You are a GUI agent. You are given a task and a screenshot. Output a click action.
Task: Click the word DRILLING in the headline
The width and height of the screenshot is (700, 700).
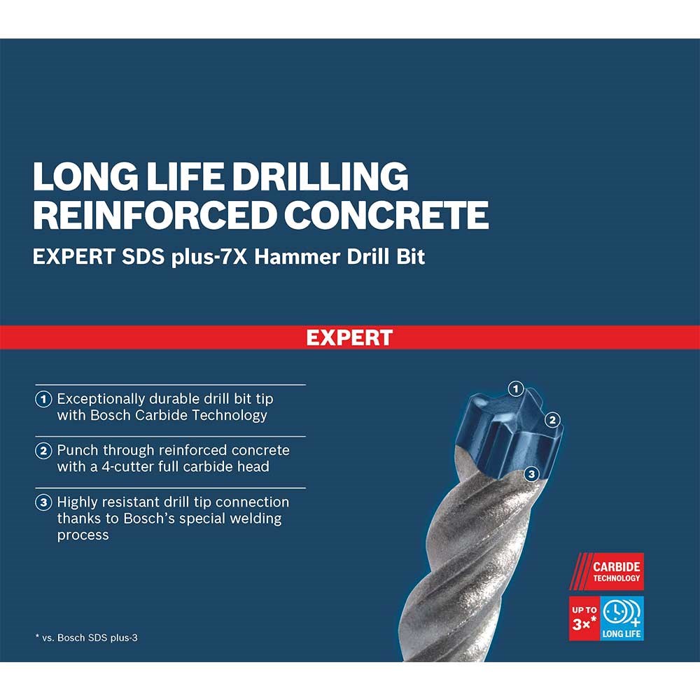320,177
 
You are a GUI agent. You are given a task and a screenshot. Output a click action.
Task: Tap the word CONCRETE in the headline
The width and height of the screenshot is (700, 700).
386,215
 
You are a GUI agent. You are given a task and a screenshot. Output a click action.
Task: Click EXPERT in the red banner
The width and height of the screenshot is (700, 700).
349,337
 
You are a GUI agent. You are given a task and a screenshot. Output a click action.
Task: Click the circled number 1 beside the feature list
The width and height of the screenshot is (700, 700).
43,399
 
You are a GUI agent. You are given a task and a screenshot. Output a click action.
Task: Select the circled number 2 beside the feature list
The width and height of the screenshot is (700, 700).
43,451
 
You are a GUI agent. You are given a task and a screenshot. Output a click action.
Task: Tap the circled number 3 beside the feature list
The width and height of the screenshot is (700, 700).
43,503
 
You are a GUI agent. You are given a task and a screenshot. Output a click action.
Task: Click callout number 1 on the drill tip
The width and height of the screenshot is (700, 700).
516,388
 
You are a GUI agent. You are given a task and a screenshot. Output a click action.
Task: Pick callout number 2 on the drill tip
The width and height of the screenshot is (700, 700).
553,419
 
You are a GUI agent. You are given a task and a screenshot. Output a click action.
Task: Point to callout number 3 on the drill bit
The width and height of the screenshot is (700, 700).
531,474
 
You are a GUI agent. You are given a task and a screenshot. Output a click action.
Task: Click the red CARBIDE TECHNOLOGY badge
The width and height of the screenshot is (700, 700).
606,571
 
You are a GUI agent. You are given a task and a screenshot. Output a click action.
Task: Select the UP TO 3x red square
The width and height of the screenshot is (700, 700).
584,618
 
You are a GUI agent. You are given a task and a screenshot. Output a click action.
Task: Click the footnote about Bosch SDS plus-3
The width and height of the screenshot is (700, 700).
87,638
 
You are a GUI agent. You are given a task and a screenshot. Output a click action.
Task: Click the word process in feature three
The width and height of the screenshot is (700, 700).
83,535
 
